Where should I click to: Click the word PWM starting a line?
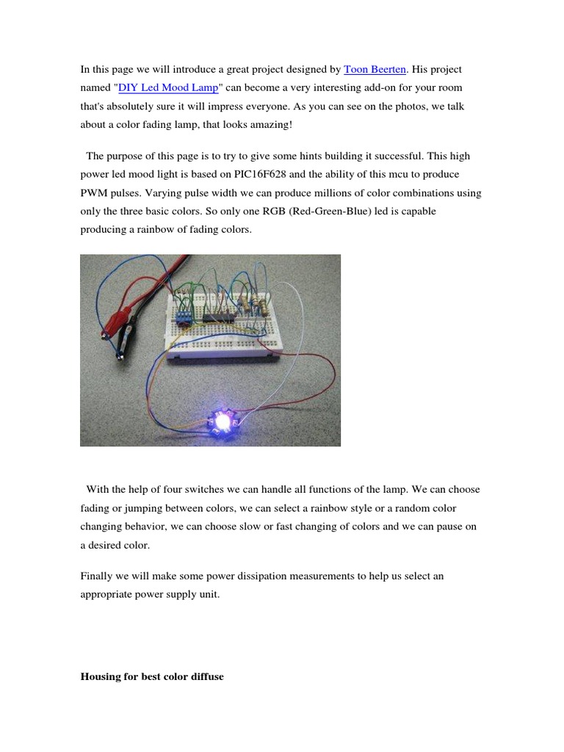94,193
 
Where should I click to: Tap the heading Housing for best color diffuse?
151,676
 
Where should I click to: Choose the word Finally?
98,576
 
